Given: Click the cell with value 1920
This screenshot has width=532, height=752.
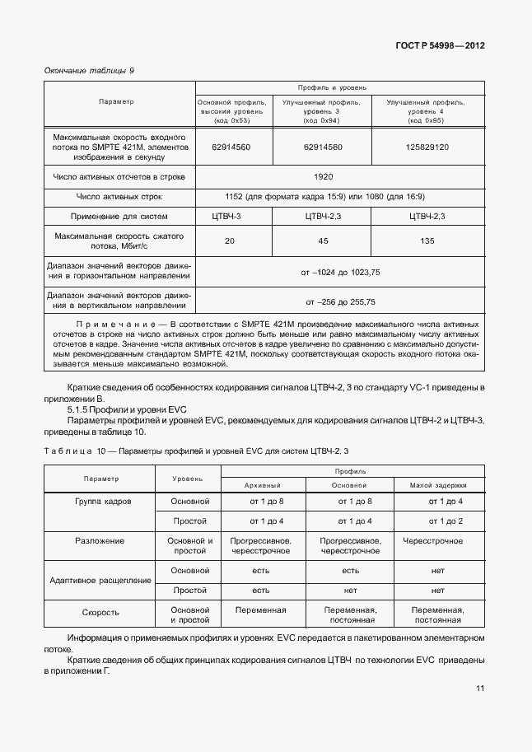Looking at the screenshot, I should (323, 176).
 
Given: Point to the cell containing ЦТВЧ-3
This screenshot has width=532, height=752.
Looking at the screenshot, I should (229, 216).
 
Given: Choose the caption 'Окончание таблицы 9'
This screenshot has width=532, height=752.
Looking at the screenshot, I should (88, 70).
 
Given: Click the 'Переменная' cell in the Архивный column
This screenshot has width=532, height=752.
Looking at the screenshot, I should (260, 610).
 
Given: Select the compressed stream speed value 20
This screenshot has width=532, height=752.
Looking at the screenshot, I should (229, 241).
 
